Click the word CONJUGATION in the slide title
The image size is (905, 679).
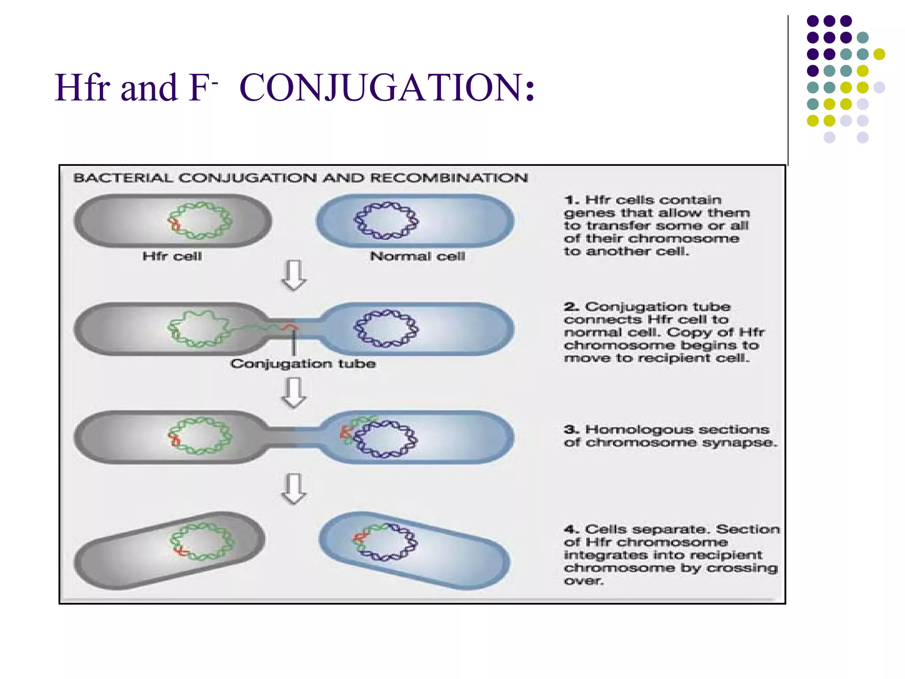[x=387, y=87]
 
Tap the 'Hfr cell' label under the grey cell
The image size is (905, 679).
[x=172, y=256]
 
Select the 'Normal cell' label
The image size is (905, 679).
[x=417, y=256]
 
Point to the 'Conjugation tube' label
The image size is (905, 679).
[x=303, y=364]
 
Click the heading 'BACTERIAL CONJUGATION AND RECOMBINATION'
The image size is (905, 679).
[x=300, y=178]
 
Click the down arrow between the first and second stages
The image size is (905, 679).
[x=294, y=275]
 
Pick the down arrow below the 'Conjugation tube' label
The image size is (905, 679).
[x=294, y=392]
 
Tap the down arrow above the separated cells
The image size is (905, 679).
[x=294, y=488]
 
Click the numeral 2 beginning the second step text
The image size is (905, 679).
[x=571, y=307]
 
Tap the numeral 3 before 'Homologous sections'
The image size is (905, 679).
[x=571, y=430]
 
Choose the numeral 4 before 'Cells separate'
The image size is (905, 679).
[x=571, y=529]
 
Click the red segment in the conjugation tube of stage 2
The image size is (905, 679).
[x=290, y=327]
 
